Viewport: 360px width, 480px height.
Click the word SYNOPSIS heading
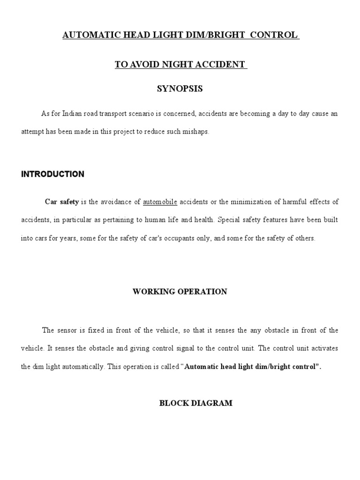point(180,89)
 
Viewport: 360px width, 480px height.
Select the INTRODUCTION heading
point(52,174)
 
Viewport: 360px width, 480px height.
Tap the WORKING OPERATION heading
point(180,292)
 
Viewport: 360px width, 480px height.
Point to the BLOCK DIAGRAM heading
point(196,403)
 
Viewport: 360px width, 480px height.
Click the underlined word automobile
point(160,202)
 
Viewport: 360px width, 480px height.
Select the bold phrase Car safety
point(61,202)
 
